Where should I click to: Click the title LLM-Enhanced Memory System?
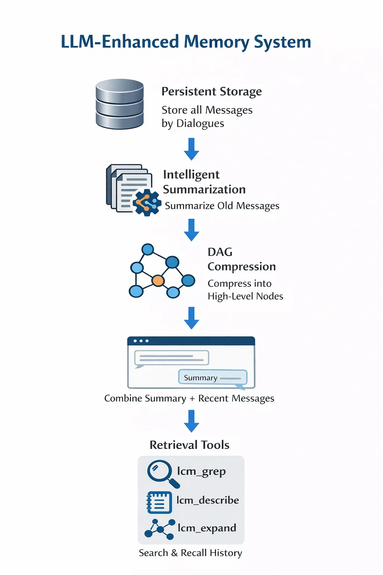186,42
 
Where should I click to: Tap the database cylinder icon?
120,104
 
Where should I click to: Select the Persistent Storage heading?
212,92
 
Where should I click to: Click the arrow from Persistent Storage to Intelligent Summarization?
191,149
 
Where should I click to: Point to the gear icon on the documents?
147,203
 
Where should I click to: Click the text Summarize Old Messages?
222,206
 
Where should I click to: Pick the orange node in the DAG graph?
158,281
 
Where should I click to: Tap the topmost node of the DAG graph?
148,249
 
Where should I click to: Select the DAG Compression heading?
242,259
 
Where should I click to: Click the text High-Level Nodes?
245,296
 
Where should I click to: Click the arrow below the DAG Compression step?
191,318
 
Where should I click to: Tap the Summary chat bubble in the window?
213,377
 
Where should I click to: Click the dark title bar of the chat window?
191,341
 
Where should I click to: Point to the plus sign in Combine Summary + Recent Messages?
192,399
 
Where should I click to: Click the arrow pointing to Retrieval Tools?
191,421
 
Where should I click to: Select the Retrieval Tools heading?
189,445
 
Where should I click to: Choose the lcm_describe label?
208,500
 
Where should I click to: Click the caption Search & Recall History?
190,553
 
